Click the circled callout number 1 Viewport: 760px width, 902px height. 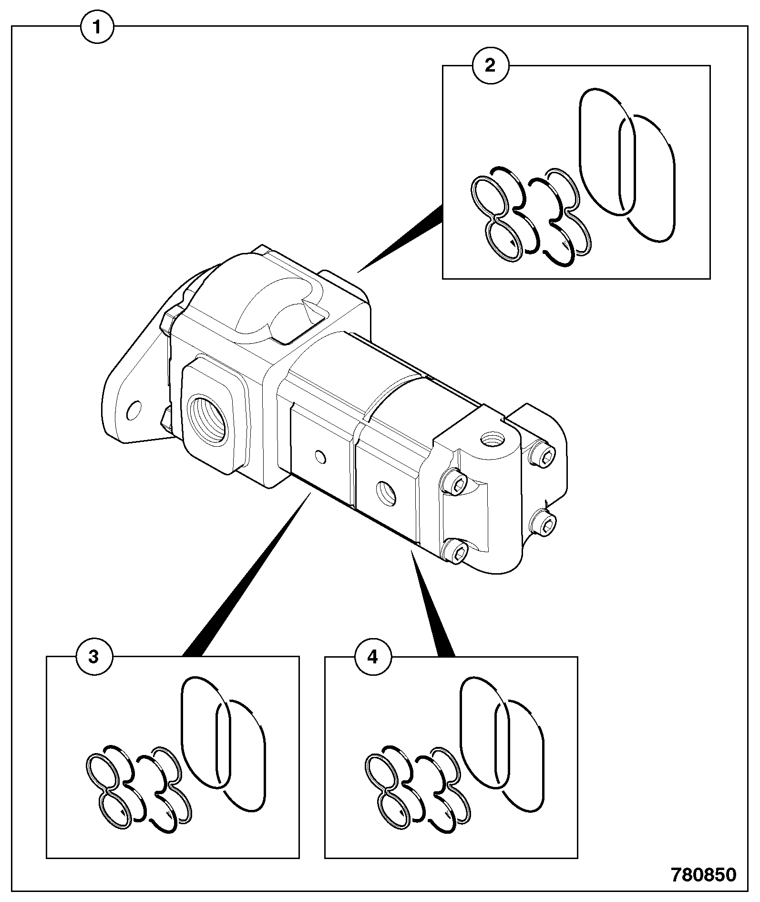point(97,28)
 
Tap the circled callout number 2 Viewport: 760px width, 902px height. point(490,66)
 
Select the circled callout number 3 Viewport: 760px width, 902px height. point(94,657)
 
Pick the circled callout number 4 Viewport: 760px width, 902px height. point(372,657)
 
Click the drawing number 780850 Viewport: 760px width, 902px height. point(703,874)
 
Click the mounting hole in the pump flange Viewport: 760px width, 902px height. point(135,409)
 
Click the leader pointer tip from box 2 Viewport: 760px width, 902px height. point(358,273)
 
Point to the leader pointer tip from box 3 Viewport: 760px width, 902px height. point(310,494)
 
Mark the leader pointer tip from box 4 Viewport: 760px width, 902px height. point(411,550)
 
